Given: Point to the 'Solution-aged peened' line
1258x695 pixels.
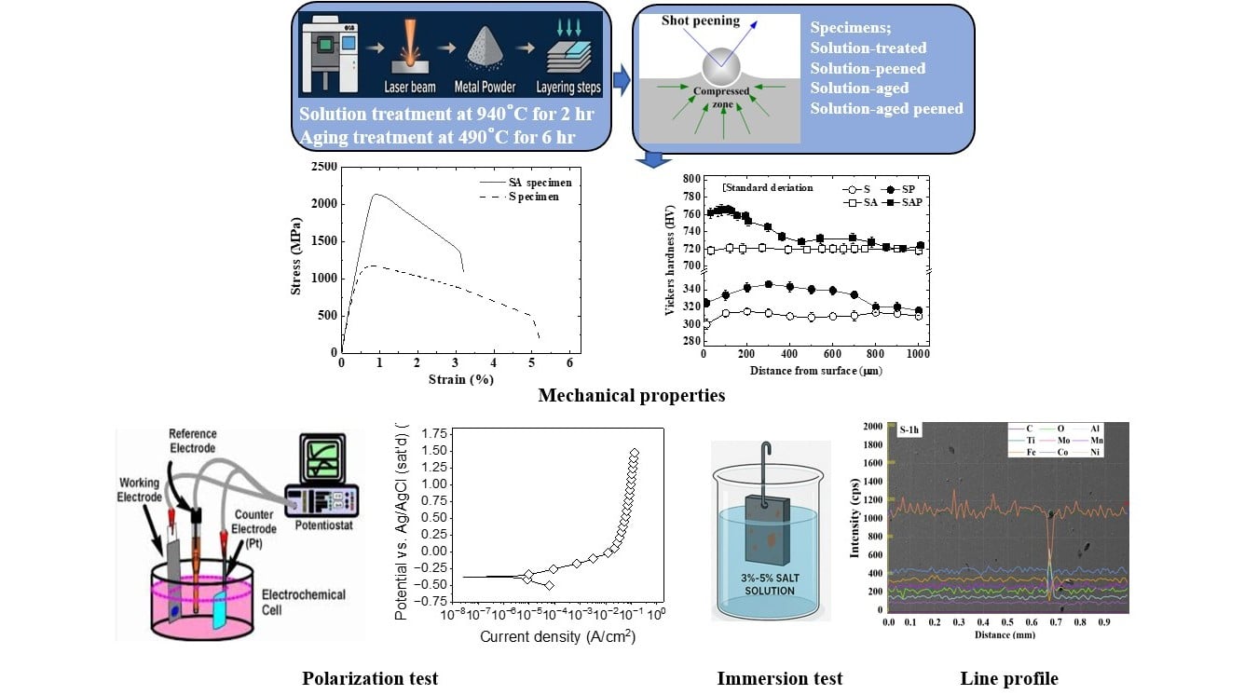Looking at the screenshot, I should pyautogui.click(x=886, y=109).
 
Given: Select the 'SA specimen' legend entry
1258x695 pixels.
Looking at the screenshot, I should pyautogui.click(x=540, y=183).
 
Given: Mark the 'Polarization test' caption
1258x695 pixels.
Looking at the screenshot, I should pyautogui.click(x=370, y=678).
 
